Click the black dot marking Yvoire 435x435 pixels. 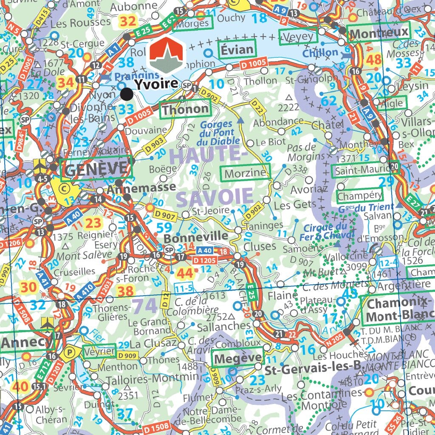[x=126, y=94]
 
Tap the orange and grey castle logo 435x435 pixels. [x=167, y=55]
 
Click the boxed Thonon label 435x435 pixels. [x=186, y=109]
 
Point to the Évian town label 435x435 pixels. [x=237, y=50]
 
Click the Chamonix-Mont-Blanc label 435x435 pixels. [x=397, y=310]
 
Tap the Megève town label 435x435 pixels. [x=237, y=359]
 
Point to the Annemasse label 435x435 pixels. [x=141, y=187]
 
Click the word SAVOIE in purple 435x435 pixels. [x=215, y=197]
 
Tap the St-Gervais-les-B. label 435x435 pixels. [x=312, y=368]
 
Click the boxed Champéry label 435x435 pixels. [x=359, y=196]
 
